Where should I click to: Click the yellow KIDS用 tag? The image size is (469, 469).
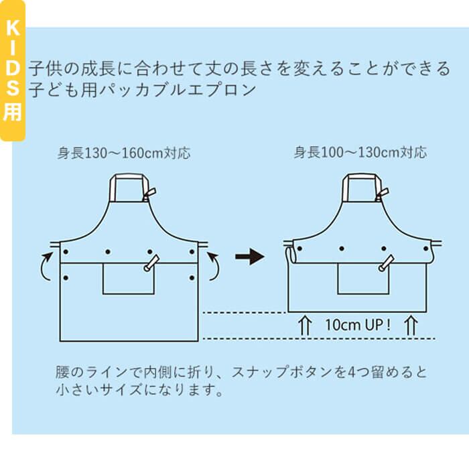click(x=12, y=70)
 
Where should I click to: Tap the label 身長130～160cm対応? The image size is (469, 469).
click(x=124, y=153)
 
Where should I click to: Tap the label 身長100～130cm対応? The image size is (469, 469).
click(x=360, y=153)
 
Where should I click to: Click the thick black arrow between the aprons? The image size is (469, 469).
click(x=250, y=257)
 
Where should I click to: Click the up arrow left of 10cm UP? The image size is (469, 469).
click(x=305, y=326)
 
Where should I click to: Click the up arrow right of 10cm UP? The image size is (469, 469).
click(x=411, y=326)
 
